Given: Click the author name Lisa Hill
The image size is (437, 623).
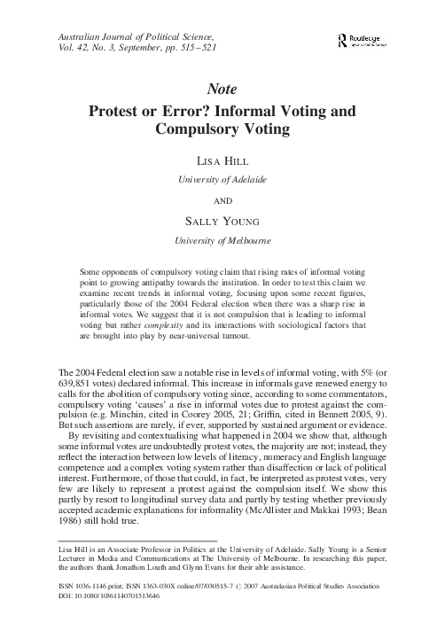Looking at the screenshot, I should coord(218,162).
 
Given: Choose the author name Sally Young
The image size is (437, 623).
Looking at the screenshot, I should coord(218,219).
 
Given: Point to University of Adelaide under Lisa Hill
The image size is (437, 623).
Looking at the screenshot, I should coord(218,180).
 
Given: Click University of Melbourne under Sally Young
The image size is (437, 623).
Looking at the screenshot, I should coord(218,238).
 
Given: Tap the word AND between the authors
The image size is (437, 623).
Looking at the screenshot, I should coord(218,199).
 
